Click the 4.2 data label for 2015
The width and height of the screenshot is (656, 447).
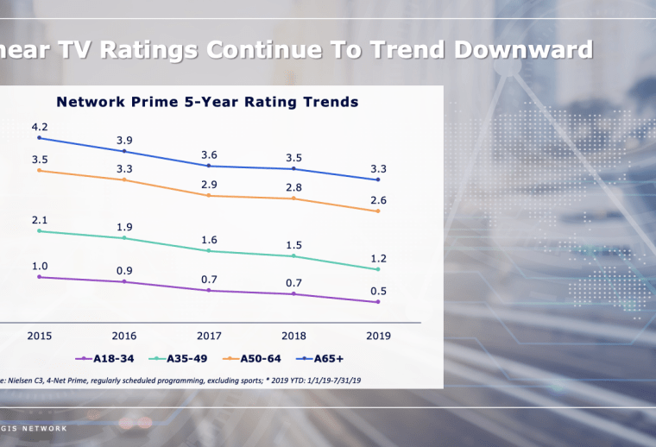click(x=41, y=126)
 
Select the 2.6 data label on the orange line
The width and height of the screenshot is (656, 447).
click(x=378, y=200)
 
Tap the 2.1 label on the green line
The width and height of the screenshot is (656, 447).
click(x=41, y=220)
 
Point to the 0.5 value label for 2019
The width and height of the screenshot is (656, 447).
click(x=378, y=291)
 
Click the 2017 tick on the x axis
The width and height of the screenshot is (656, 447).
click(x=210, y=335)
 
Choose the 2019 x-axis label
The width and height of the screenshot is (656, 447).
click(x=378, y=335)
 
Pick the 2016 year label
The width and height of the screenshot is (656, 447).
click(x=125, y=335)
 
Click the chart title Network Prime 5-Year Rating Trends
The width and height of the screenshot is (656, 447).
click(x=207, y=102)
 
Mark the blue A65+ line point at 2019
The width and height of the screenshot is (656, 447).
click(x=378, y=179)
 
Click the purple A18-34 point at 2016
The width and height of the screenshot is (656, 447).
click(x=125, y=281)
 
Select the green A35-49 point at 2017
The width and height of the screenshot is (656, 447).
click(x=210, y=250)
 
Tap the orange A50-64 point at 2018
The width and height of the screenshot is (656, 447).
click(x=294, y=198)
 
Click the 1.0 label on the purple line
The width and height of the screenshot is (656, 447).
click(x=41, y=266)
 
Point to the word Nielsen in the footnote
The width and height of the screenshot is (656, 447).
click(x=25, y=379)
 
